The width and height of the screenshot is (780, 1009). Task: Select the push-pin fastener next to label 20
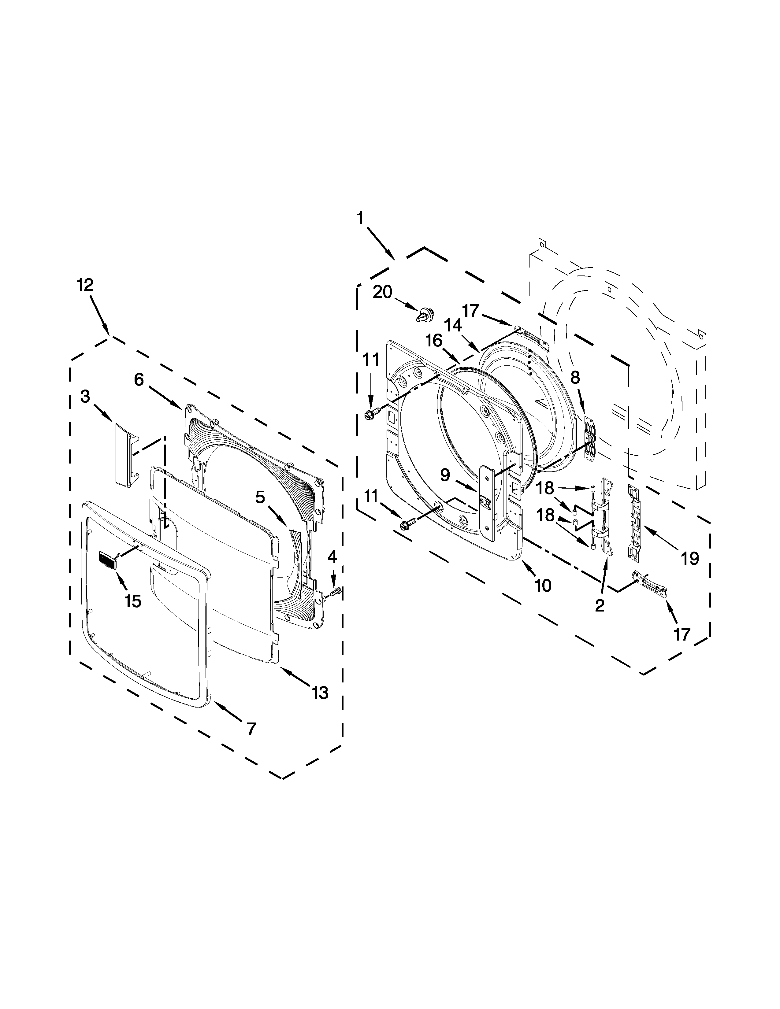point(425,316)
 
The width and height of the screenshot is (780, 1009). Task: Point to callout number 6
point(139,380)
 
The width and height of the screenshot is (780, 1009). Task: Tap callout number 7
point(251,729)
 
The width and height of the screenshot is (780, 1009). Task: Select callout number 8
point(575,377)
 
